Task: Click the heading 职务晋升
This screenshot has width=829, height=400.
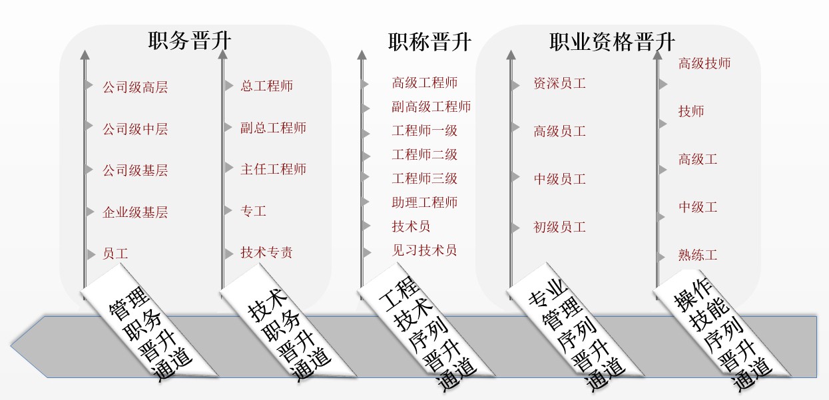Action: coord(190,41)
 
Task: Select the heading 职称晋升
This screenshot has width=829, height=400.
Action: coord(429,41)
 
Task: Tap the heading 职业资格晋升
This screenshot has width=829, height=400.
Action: coord(612,41)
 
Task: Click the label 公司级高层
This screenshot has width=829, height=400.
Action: coord(135,87)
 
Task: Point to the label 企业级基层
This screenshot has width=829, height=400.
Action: coord(135,212)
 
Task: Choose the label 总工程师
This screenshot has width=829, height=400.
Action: coord(266,86)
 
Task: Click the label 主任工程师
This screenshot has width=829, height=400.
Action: coord(273,169)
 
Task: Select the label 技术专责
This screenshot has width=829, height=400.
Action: coord(266,252)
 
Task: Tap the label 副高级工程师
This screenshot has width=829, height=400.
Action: coord(431,106)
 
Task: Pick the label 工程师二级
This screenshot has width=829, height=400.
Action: coord(425,154)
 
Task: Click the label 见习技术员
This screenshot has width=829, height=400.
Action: coord(425,250)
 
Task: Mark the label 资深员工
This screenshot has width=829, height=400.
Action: coord(559,83)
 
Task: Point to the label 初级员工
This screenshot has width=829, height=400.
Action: coord(559,227)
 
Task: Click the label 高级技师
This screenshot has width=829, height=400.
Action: coord(704,63)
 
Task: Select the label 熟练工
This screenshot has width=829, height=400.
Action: coord(698,255)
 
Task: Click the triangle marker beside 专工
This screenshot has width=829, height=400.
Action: coord(228,210)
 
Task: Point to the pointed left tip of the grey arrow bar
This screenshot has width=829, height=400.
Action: coord(11,346)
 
